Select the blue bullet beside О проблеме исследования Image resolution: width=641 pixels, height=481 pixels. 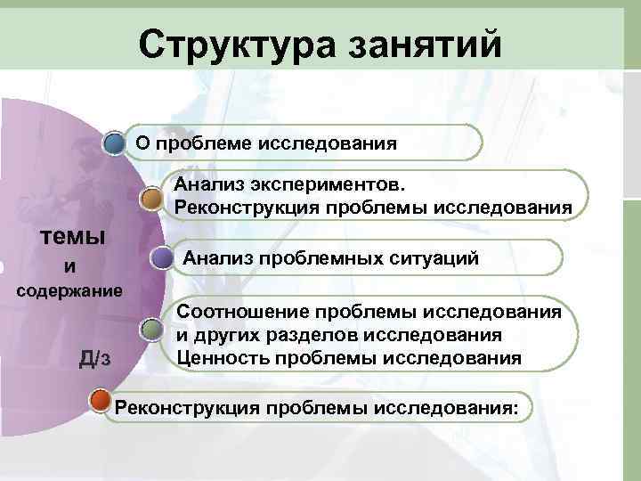(113, 143)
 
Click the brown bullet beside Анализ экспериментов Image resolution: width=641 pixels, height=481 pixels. (151, 197)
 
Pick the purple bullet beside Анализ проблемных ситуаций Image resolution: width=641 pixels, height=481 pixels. (161, 258)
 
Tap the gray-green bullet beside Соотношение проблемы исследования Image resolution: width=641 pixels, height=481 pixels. (151, 329)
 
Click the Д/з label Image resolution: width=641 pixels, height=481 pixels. (95, 358)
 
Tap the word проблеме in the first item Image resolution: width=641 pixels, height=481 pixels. (201, 143)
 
